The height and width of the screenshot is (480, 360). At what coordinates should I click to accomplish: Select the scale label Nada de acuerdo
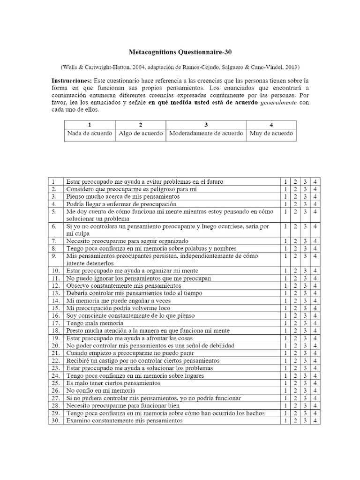(x=90, y=133)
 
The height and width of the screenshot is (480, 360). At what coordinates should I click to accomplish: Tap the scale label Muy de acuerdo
(x=272, y=133)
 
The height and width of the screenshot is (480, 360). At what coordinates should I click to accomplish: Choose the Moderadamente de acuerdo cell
(x=206, y=133)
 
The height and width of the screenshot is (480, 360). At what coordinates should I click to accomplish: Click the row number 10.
(x=55, y=270)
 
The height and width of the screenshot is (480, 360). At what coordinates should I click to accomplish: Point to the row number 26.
(x=55, y=390)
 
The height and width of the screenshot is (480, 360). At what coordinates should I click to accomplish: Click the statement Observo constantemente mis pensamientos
(x=123, y=285)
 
